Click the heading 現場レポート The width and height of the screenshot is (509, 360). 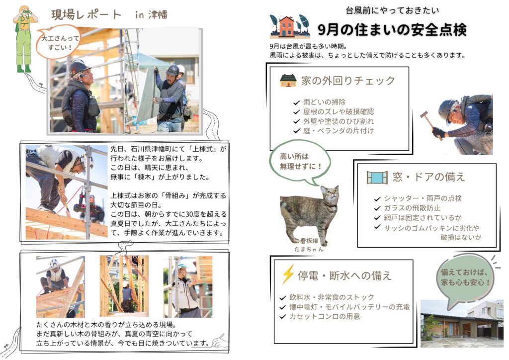click(86, 14)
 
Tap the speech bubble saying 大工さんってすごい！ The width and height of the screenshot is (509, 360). click(59, 43)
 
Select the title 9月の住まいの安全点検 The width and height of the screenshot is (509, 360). click(392, 30)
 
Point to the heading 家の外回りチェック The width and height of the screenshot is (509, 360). click(348, 81)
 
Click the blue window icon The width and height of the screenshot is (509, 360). click(377, 178)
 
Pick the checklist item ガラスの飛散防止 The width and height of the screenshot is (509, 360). click(412, 208)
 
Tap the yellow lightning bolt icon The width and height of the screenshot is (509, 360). click(288, 274)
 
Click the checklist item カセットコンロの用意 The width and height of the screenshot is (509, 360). click(325, 317)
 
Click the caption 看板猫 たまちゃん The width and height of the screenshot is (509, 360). click(309, 245)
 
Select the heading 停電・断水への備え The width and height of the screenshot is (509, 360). click(345, 275)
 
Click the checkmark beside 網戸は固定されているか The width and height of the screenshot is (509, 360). click(377, 218)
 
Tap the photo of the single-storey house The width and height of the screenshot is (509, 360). click(462, 324)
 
